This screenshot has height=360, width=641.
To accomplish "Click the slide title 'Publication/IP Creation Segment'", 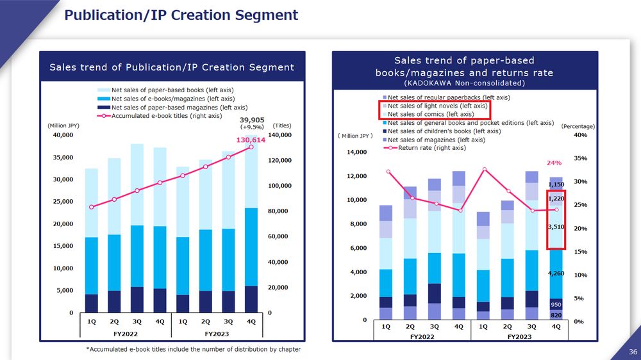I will tap(181, 15).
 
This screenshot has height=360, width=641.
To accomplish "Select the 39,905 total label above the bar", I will tap(252, 120).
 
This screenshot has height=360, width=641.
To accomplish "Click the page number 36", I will tap(633, 352).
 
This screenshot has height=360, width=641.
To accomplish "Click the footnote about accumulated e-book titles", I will tap(193, 349).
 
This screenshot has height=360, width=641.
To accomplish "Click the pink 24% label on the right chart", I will tap(554, 163).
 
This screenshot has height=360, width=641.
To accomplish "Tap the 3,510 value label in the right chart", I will tap(555, 227).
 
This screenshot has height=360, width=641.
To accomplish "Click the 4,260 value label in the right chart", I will tap(555, 274).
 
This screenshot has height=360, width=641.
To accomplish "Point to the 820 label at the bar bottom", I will tap(556, 315).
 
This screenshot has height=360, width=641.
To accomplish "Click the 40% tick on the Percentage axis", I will tap(580, 135).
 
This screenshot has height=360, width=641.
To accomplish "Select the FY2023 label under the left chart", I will tap(217, 334).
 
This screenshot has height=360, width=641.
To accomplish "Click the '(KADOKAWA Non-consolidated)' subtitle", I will tap(464, 83).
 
